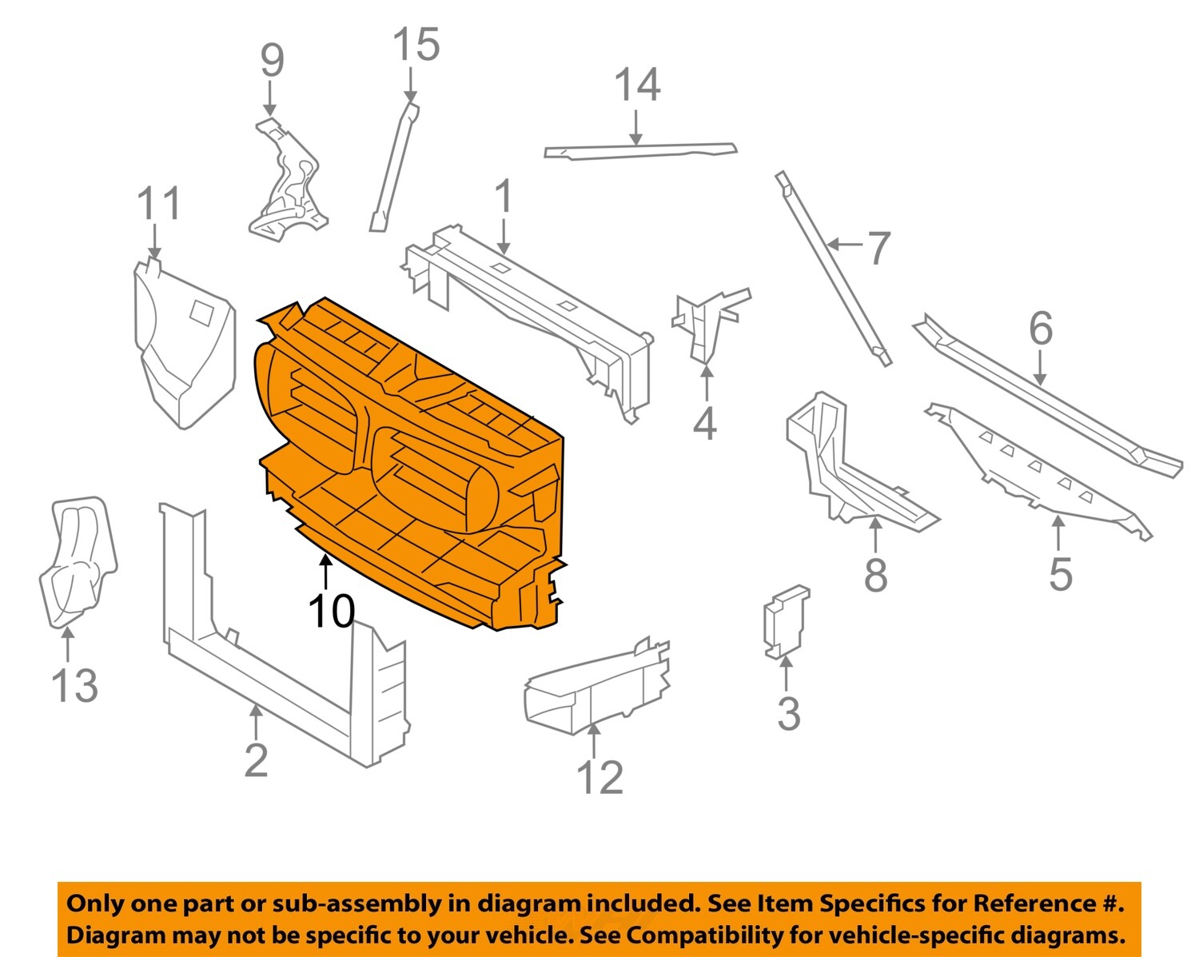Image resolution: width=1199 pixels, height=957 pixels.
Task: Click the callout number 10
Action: (331, 612)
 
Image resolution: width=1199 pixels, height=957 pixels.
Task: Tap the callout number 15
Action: (416, 45)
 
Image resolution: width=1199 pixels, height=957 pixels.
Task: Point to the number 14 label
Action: (637, 86)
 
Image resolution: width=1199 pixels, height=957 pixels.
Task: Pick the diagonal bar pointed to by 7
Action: (831, 268)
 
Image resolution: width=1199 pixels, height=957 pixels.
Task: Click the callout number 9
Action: (272, 60)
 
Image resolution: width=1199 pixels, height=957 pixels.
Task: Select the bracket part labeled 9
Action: (286, 184)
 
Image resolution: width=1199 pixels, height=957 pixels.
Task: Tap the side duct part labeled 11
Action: (182, 344)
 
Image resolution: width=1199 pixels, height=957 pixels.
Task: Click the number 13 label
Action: (74, 685)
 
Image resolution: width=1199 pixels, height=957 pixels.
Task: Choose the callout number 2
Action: (256, 760)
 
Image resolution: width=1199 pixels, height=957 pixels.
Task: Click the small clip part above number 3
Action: (786, 622)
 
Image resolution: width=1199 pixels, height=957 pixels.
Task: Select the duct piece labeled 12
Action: (596, 688)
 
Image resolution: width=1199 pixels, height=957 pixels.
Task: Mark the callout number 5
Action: (1060, 573)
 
